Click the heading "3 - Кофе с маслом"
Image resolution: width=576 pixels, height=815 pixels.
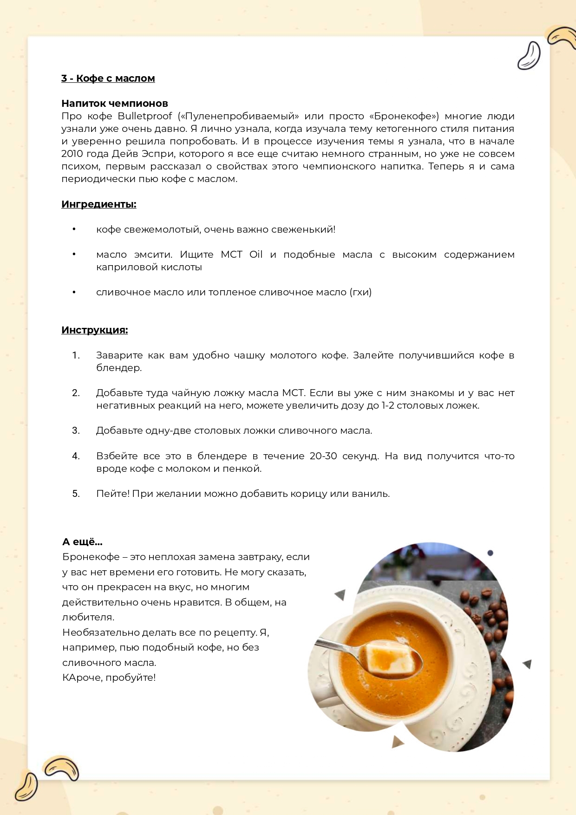(108, 78)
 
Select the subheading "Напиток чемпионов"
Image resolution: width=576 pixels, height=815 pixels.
(114, 103)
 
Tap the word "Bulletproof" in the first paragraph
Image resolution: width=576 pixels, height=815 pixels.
(144, 116)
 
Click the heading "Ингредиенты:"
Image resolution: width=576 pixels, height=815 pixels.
(98, 204)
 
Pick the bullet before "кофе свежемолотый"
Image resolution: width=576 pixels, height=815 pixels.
(74, 229)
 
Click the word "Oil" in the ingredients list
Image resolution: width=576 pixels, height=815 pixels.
(255, 254)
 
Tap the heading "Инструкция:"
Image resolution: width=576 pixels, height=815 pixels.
(94, 330)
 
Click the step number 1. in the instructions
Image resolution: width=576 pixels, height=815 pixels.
(76, 355)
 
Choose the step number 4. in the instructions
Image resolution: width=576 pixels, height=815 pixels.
(76, 456)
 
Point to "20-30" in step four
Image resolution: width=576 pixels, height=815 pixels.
(323, 456)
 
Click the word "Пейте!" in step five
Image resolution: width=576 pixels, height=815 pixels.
(112, 494)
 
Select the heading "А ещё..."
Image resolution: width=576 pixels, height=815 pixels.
(82, 542)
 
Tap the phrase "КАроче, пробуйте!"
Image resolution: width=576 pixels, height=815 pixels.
(109, 678)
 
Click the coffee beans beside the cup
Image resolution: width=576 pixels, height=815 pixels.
(490, 613)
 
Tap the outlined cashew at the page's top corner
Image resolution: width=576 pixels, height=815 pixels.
(529, 56)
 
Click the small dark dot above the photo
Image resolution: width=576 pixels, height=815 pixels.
(490, 553)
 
